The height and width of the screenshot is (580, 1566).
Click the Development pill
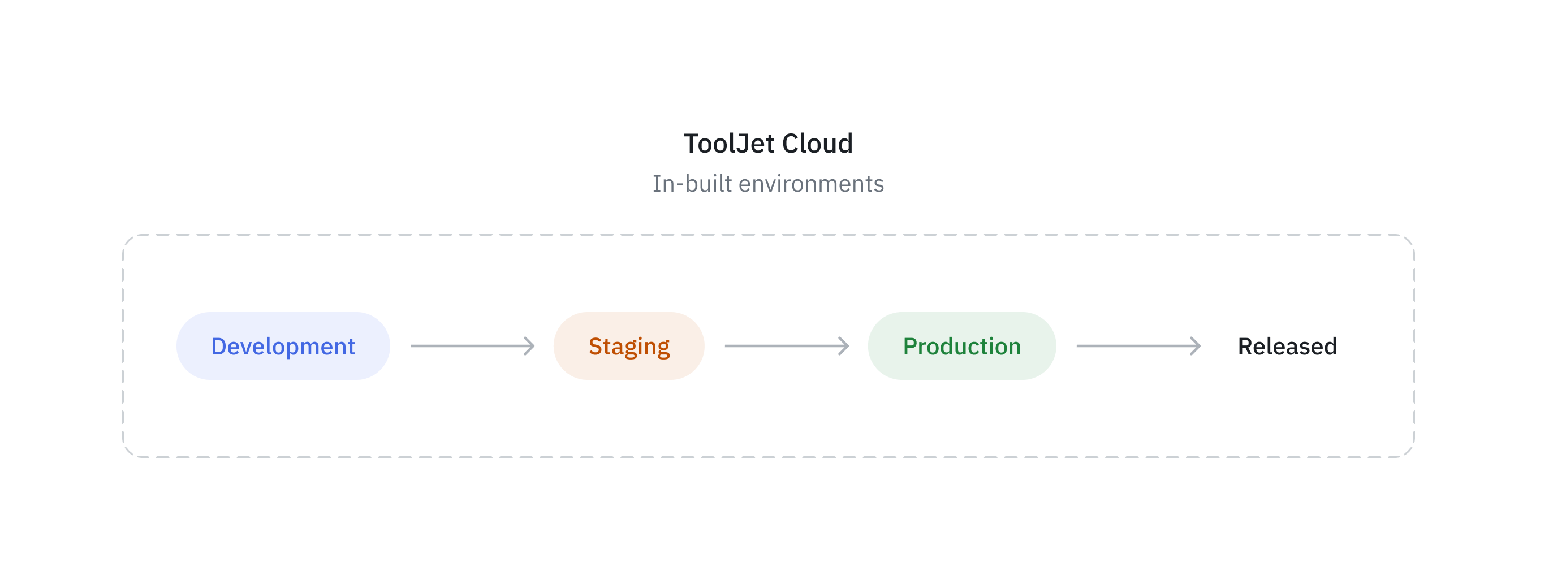(x=283, y=346)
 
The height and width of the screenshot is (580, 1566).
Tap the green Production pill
(x=962, y=346)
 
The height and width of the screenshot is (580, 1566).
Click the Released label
(x=1287, y=346)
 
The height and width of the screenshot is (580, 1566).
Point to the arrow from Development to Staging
(x=472, y=346)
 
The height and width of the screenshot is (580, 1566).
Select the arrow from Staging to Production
(x=786, y=346)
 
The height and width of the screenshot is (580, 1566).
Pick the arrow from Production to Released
(x=1137, y=346)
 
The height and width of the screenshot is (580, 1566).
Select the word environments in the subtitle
(x=811, y=184)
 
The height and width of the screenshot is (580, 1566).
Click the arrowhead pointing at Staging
(x=530, y=346)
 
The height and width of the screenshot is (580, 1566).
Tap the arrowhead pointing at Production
(x=845, y=346)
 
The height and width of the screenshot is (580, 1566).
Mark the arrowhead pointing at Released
(x=1196, y=346)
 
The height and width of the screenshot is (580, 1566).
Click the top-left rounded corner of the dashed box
(x=128, y=239)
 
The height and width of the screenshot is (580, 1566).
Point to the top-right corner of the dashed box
(x=1410, y=239)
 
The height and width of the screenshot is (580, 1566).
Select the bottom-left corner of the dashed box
(x=128, y=452)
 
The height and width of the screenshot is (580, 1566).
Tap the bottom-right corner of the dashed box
(x=1410, y=452)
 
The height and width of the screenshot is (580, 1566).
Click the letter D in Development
(x=218, y=346)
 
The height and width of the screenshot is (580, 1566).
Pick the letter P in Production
(x=910, y=346)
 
